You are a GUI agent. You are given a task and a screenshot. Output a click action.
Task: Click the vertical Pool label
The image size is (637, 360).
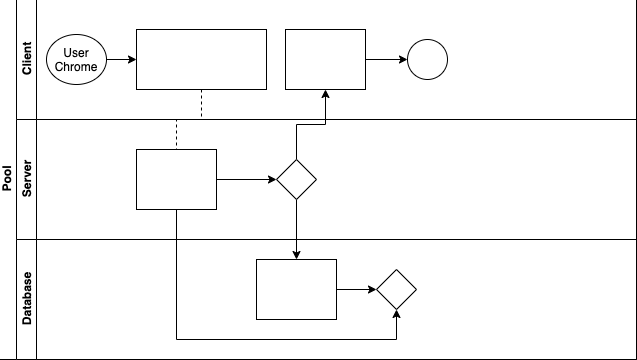pos(7,180)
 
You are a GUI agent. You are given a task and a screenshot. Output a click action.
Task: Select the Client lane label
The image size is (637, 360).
pos(27,59)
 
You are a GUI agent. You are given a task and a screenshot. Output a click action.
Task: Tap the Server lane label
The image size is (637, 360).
pos(27,179)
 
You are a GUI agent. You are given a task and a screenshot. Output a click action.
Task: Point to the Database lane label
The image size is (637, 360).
pos(27,298)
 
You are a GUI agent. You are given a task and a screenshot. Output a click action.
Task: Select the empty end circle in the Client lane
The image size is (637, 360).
pos(427,60)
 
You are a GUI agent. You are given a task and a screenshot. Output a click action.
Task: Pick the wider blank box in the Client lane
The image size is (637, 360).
pos(201,60)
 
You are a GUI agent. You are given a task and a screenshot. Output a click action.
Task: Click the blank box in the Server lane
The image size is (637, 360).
pos(176,179)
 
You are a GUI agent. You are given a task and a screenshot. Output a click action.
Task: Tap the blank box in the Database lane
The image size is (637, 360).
pos(296,290)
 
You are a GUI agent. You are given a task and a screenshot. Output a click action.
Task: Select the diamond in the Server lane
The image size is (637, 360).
pos(296,180)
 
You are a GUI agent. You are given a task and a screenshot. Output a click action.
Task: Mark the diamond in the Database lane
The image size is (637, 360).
pos(396,290)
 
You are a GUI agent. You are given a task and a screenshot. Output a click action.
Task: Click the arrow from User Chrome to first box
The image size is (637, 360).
pos(121,60)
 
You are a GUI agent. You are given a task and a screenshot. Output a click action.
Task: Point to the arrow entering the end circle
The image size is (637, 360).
pos(386,60)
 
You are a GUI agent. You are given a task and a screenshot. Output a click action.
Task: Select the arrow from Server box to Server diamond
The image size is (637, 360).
pos(246,180)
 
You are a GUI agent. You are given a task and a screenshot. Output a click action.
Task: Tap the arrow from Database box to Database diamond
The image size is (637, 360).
pos(356,290)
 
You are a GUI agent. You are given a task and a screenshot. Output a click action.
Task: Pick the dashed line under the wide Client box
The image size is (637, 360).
pos(202,103)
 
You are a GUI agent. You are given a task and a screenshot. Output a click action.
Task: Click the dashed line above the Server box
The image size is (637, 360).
pos(177,135)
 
